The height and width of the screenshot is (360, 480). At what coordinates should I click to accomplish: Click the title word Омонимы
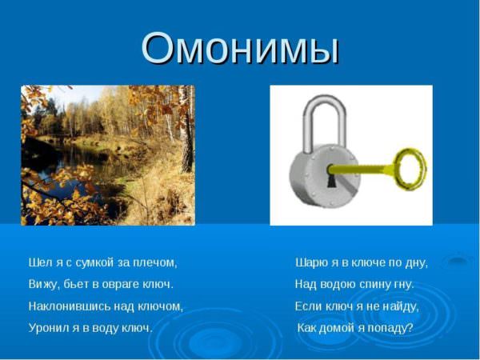click(240, 49)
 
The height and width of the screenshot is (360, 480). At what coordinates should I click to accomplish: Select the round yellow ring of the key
click(410, 169)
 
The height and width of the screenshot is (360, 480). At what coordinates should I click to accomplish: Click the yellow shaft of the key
click(362, 169)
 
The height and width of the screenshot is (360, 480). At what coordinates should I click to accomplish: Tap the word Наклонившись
click(70, 306)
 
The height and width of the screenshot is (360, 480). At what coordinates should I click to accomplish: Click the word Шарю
click(312, 262)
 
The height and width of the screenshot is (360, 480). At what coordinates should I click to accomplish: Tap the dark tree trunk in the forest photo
click(186, 144)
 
